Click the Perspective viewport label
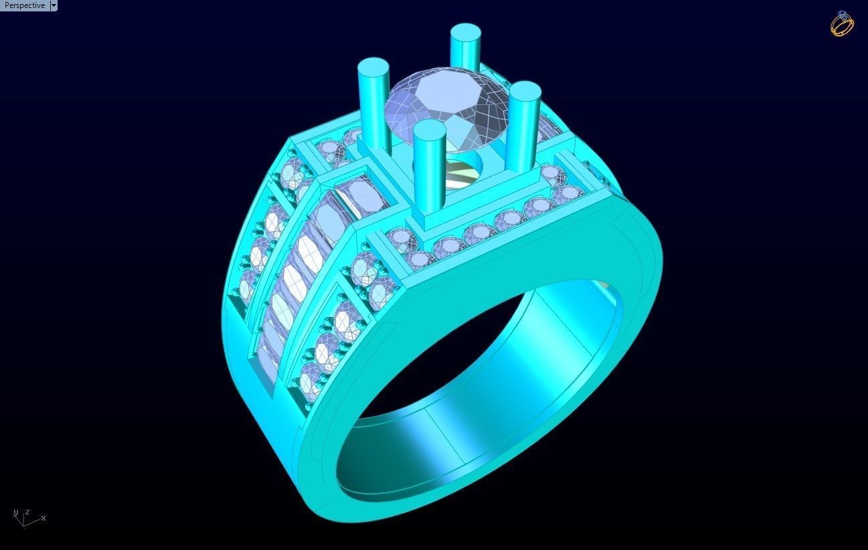click(25, 5)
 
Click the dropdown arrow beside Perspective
click(54, 5)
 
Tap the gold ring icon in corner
click(842, 23)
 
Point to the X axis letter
click(44, 518)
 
